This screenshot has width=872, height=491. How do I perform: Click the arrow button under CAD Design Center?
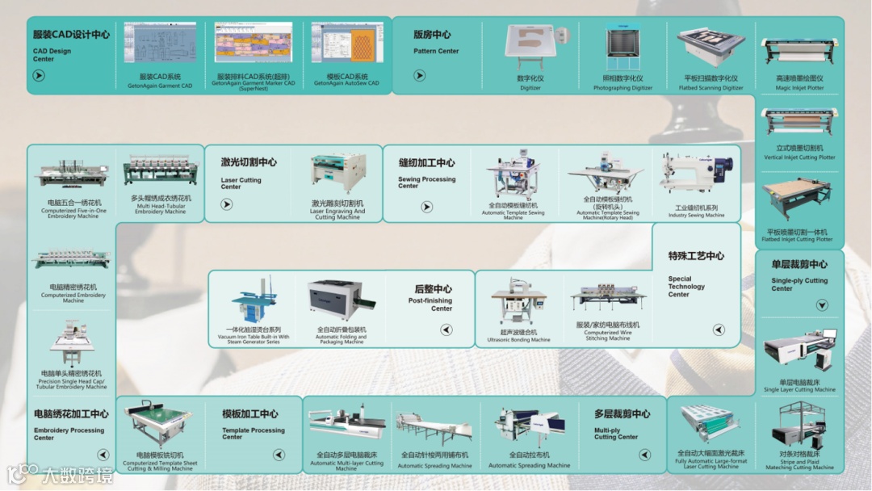click(x=39, y=76)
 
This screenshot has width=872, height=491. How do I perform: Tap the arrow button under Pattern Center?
click(x=419, y=75)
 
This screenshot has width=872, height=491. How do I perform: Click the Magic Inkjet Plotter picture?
click(x=799, y=52)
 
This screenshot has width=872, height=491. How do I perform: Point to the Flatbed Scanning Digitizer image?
click(x=710, y=48)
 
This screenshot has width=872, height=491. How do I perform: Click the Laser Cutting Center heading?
click(x=248, y=162)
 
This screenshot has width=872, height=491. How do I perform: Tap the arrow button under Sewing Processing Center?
click(x=427, y=208)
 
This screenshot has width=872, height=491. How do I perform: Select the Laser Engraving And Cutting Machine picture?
click(x=339, y=174)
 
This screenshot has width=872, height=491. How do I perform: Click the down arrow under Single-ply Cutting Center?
click(x=822, y=305)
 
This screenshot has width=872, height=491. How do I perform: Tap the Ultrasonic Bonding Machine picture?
click(x=518, y=304)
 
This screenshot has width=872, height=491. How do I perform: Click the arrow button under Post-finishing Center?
click(x=446, y=329)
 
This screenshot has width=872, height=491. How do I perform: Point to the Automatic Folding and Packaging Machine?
click(x=342, y=300)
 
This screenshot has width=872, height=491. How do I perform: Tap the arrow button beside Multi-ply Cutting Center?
click(x=644, y=455)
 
